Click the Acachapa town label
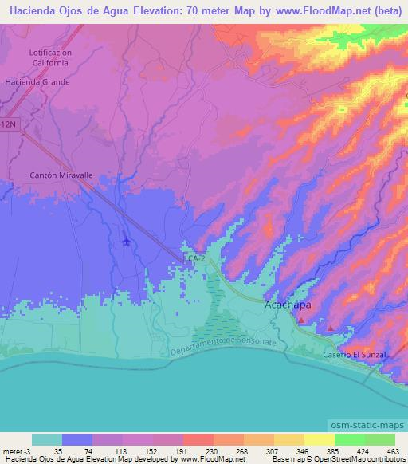pyautogui.click(x=288, y=305)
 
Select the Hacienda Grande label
pyautogui.click(x=37, y=81)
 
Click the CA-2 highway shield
pyautogui.click(x=194, y=260)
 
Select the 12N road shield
pyautogui.click(x=7, y=127)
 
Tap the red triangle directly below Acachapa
pyautogui.click(x=302, y=320)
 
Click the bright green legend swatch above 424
pyautogui.click(x=349, y=439)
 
